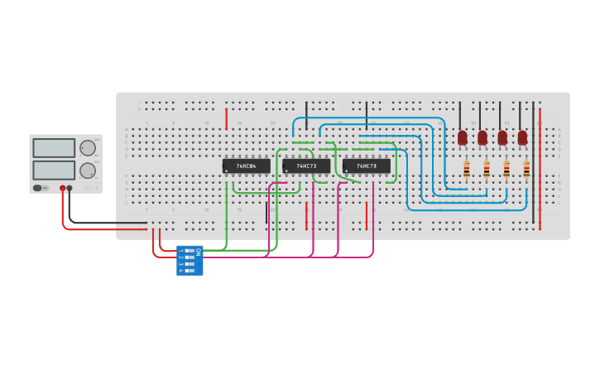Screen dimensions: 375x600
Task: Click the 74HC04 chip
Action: point(246,166)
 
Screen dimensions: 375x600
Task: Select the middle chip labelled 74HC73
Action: point(306,166)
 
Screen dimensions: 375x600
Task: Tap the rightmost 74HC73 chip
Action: point(367,166)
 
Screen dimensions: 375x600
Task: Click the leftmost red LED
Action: point(463,137)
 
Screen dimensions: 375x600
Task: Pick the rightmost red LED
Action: point(522,137)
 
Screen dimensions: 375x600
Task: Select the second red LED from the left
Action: point(482,137)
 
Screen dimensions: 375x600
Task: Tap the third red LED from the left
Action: point(502,137)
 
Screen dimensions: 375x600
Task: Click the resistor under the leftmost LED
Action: point(467,169)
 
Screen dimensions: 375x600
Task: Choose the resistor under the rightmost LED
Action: point(526,169)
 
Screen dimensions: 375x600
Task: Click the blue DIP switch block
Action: point(190,260)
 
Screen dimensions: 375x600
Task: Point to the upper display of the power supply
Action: point(54,148)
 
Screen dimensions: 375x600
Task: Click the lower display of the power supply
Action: point(54,170)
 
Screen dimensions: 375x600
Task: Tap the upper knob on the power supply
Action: point(87,148)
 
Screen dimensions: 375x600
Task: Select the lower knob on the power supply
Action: point(87,171)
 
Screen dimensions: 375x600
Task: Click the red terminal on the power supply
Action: point(62,189)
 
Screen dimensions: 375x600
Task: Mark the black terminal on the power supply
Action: point(70,189)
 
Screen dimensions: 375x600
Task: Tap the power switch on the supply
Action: point(39,188)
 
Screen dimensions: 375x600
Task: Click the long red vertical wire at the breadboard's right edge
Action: point(540,166)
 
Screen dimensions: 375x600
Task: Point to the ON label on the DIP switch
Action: point(198,251)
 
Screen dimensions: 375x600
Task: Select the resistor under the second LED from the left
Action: point(487,169)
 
